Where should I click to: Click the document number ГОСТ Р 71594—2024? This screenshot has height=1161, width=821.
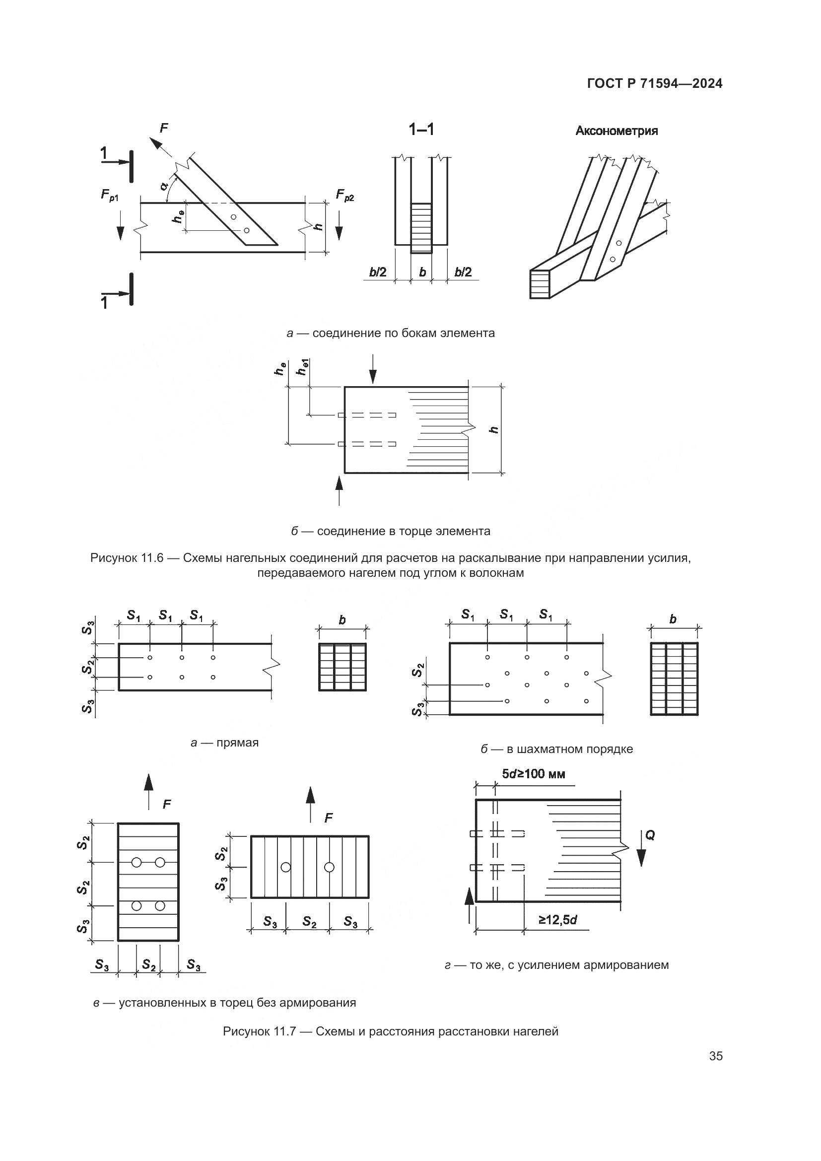point(654,84)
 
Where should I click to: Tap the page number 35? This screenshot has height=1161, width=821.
point(715,1056)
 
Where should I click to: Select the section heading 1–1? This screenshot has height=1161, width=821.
point(421,130)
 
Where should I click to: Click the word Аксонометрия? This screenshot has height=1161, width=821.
point(616,131)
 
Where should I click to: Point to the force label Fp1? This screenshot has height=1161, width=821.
point(110,195)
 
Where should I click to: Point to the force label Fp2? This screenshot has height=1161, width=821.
point(345,195)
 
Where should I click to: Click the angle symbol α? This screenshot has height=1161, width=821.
point(164,186)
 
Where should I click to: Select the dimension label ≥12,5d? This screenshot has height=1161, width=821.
point(557,920)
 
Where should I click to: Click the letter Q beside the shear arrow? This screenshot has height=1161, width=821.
point(650,835)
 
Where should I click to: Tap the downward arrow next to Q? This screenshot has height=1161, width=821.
point(641,856)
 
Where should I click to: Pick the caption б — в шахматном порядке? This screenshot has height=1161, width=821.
point(556,749)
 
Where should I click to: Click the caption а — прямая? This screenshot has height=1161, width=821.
point(224,743)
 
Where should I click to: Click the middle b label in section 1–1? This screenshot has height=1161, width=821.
point(422,273)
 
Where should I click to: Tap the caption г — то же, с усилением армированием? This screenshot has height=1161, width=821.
point(556,965)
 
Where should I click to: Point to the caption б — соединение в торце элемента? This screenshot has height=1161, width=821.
point(390,532)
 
